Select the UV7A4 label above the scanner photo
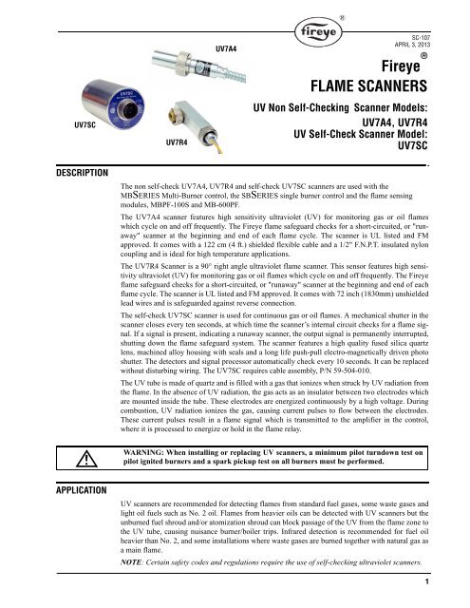(226, 47)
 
